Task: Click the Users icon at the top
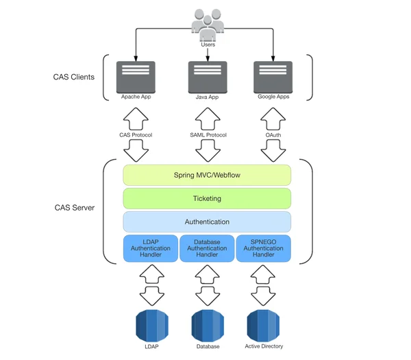207,25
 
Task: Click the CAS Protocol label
136,134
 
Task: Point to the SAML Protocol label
208,134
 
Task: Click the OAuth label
273,134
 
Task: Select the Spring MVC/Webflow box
207,175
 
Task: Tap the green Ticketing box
207,198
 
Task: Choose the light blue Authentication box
207,221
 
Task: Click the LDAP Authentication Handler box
150,248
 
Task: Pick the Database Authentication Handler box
207,248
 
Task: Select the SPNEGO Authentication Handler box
264,248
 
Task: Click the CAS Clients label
73,77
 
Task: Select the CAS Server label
75,207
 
